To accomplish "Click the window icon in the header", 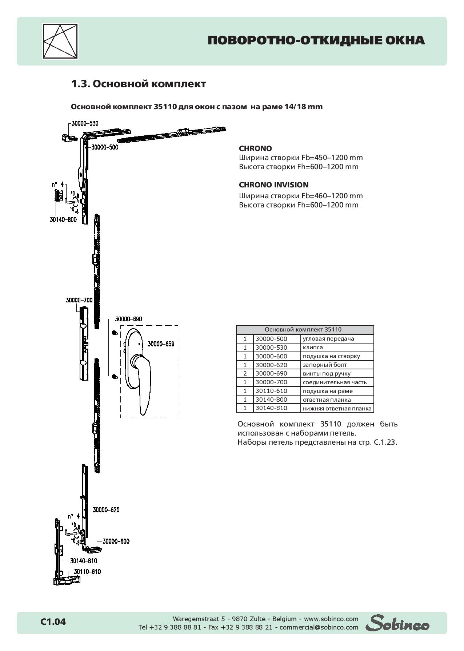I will coord(60,41).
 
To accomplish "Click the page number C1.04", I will coord(53,622).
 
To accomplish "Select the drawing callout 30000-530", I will coord(85,123).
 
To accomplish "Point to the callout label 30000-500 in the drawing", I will coord(105,147).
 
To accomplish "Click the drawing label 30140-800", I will coord(63,219).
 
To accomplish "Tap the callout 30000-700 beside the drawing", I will coord(79,300).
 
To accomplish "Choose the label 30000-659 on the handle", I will coord(161,344).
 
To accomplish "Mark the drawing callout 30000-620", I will coord(106,510).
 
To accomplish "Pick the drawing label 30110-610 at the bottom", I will coord(87,572).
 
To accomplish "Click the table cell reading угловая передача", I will coord(328,339).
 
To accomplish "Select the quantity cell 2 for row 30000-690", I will coord(245,373).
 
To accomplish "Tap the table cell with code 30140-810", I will coord(271,408).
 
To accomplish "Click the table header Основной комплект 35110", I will coord(303,330).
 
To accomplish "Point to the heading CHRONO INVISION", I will coord(273,185).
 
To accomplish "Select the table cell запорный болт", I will coord(324,365).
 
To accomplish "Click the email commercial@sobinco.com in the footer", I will coord(319,627).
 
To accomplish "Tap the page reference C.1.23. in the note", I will coord(385,442).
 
